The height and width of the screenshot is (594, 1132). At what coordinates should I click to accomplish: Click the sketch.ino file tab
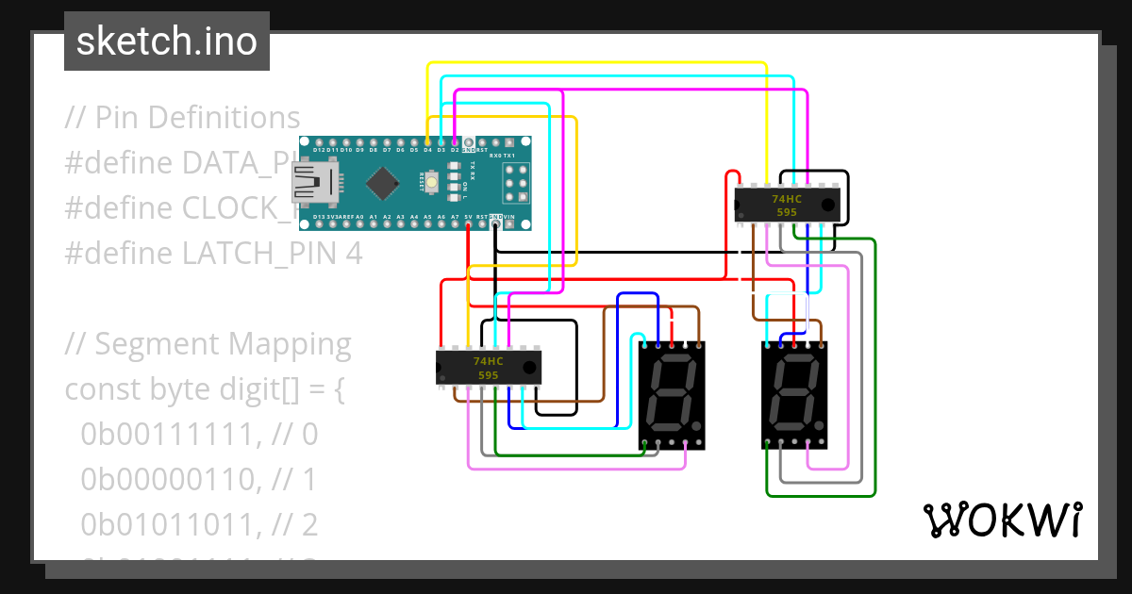[166, 41]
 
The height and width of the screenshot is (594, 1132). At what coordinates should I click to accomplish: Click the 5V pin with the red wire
[469, 225]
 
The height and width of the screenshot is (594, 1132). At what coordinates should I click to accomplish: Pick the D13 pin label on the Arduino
[319, 217]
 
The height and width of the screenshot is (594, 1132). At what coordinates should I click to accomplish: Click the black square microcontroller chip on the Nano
[381, 183]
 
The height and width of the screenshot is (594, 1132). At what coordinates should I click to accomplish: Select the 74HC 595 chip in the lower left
[488, 368]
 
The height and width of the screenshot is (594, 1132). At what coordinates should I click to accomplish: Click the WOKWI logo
[1002, 520]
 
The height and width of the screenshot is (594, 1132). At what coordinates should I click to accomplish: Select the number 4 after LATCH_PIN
[354, 254]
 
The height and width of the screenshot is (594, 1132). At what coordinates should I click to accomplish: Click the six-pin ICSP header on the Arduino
[515, 183]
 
